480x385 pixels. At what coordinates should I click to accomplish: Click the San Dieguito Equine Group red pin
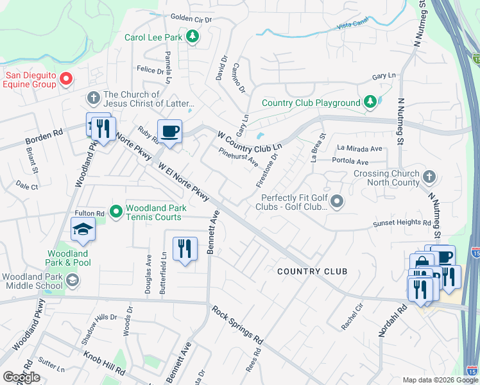(x=65, y=80)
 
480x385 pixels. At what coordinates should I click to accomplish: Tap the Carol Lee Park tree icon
(x=192, y=37)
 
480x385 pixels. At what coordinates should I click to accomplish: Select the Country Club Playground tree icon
(x=370, y=101)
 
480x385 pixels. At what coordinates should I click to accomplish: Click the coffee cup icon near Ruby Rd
(x=169, y=132)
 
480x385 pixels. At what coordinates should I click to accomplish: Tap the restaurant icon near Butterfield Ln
(x=185, y=248)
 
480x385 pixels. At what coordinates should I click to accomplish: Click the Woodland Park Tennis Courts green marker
(x=116, y=210)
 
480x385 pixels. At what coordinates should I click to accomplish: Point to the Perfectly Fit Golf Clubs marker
(x=338, y=203)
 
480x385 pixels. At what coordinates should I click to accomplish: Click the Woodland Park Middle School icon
(x=73, y=279)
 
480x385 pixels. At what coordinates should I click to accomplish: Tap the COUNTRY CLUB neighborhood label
(x=312, y=271)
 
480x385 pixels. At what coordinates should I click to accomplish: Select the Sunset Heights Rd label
(x=402, y=223)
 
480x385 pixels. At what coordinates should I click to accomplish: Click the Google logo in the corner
(x=22, y=377)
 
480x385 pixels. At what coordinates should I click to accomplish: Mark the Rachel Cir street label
(x=352, y=316)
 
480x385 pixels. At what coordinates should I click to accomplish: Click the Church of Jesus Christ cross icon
(x=93, y=98)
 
